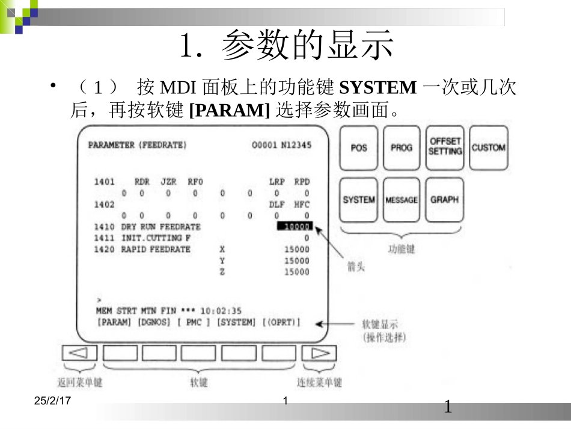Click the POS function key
pyautogui.click(x=359, y=148)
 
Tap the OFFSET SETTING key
pyautogui.click(x=445, y=147)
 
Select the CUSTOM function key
pyautogui.click(x=488, y=147)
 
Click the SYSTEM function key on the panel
pyautogui.click(x=359, y=200)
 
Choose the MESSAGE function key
pyautogui.click(x=402, y=200)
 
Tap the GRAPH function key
pyautogui.click(x=445, y=200)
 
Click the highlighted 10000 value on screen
pyautogui.click(x=295, y=227)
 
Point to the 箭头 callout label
pyautogui.click(x=356, y=267)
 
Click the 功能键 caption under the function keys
pyautogui.click(x=401, y=248)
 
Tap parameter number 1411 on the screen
pyautogui.click(x=104, y=238)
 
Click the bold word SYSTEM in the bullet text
pyautogui.click(x=377, y=88)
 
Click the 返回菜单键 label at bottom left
pyautogui.click(x=79, y=383)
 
